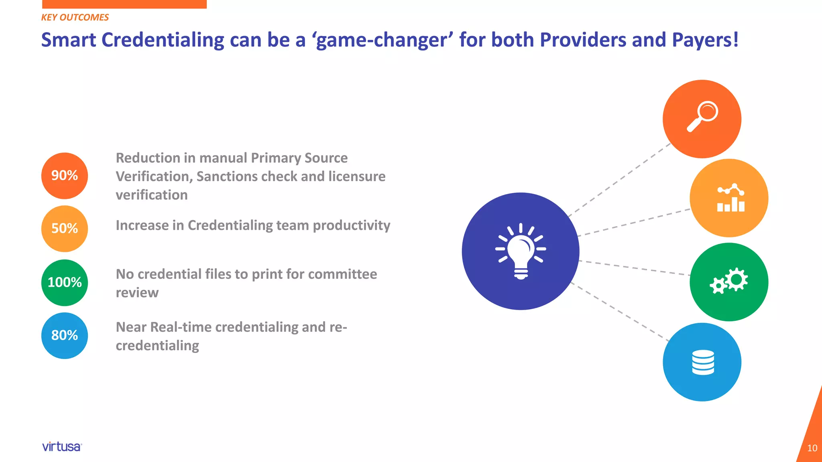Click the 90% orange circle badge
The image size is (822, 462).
65,176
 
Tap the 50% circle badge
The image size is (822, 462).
65,229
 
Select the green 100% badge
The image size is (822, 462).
65,282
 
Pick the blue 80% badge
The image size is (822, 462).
65,335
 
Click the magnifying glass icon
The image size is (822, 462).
702,116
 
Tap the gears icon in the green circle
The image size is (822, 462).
729,281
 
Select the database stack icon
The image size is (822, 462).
703,362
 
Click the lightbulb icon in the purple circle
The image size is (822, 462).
521,251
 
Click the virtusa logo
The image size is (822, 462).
62,447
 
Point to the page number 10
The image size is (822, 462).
812,448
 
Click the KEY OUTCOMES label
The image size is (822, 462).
75,17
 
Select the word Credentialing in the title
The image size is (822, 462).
163,40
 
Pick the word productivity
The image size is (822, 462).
351,225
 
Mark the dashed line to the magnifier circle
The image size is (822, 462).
620,179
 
